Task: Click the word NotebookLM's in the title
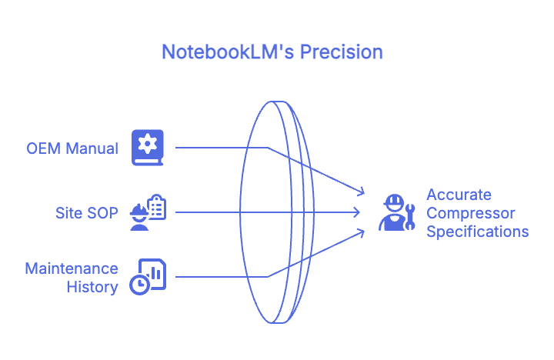point(228,52)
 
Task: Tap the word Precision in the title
point(341,52)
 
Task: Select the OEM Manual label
point(72,148)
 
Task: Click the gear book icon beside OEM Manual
point(148,147)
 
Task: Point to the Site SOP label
point(87,212)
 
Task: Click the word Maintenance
point(72,268)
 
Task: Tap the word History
point(92,287)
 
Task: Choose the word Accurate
point(459,195)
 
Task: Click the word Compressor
point(471,213)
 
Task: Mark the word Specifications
point(477,232)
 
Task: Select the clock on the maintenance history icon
point(139,284)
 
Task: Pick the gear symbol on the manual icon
point(148,142)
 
